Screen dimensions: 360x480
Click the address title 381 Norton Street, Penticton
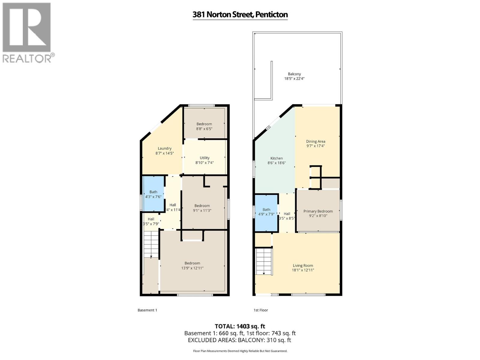tap(240, 14)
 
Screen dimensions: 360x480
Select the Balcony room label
tap(294, 74)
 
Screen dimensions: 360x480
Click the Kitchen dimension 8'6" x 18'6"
tap(277, 163)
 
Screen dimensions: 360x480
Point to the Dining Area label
tap(316, 141)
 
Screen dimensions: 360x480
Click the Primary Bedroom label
tap(318, 211)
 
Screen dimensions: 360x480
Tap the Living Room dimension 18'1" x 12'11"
tap(303, 270)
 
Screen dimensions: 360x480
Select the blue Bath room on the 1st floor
tap(266, 212)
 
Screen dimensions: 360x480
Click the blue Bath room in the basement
tap(153, 194)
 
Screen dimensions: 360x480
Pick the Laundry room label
tap(165, 148)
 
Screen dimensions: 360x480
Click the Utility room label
tap(205, 158)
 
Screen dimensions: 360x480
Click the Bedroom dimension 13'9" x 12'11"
tap(192, 268)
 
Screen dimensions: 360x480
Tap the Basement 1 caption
tap(147, 310)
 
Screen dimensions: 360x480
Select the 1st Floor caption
tap(261, 310)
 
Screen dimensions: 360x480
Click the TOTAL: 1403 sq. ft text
tap(240, 326)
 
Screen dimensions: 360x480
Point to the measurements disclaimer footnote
tap(240, 351)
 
